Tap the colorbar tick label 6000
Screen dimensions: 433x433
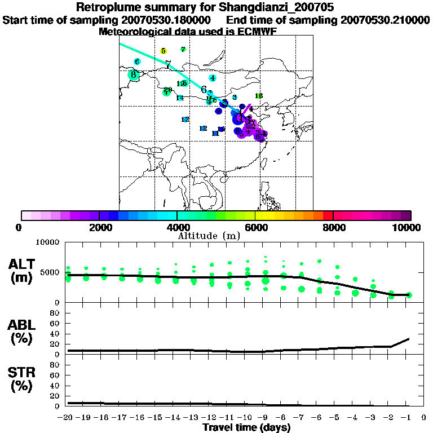pyautogui.click(x=255, y=228)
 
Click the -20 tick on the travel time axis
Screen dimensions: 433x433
pyautogui.click(x=67, y=418)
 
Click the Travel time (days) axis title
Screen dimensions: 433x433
pyautogui.click(x=246, y=428)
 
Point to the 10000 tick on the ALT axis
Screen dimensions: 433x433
pyautogui.click(x=47, y=242)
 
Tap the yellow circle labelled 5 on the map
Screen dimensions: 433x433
pyautogui.click(x=163, y=51)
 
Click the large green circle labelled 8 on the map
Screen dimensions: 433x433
pyautogui.click(x=134, y=75)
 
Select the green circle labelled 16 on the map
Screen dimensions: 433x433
pyautogui.click(x=259, y=96)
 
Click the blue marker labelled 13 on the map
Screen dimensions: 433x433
pyautogui.click(x=185, y=120)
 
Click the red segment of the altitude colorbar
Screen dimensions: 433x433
pyautogui.click(x=327, y=215)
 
